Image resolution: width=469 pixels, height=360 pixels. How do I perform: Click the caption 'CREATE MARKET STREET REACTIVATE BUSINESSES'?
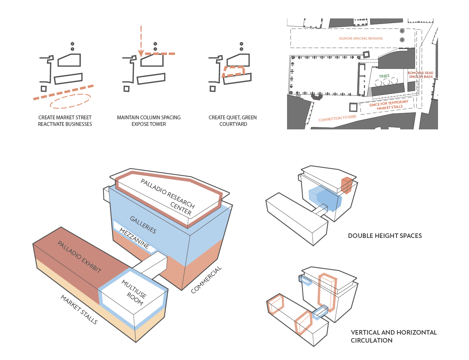65,121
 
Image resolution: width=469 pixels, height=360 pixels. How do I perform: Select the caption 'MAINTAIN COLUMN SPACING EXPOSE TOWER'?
149,121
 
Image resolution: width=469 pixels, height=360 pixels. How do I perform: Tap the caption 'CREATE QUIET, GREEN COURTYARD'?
233,121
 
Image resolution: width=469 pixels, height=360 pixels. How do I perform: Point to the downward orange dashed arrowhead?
141,53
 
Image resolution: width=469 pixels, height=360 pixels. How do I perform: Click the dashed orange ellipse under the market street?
70,101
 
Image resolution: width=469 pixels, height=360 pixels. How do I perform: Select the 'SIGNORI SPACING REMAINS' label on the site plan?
360,39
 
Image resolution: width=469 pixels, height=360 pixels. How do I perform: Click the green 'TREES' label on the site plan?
384,76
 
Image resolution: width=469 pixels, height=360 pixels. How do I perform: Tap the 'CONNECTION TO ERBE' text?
337,118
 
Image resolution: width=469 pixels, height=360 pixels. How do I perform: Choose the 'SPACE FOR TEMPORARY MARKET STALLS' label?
389,105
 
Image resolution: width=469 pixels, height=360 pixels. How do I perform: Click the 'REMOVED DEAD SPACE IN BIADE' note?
421,75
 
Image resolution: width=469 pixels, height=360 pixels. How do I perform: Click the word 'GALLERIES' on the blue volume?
143,225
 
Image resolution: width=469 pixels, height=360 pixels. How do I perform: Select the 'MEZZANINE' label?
134,238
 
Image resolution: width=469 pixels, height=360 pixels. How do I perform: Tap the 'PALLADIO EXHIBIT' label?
79,257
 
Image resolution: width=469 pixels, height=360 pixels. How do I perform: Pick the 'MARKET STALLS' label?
79,310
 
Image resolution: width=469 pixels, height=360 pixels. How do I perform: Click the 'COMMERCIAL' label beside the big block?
206,280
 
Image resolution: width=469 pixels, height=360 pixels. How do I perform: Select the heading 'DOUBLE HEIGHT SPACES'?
385,236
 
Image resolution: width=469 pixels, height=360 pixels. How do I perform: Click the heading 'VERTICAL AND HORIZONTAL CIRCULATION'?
393,336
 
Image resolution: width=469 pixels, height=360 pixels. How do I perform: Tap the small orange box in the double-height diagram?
347,185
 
